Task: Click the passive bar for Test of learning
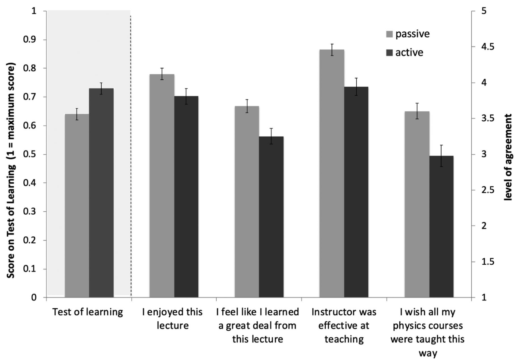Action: click(x=77, y=206)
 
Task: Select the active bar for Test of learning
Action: click(x=101, y=193)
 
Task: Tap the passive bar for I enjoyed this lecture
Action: click(x=162, y=186)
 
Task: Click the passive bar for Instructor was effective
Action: click(x=332, y=173)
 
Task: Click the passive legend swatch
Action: click(x=389, y=33)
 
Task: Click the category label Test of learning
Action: click(x=87, y=312)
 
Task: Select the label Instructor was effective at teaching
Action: click(x=343, y=326)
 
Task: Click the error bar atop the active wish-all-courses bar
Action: click(x=441, y=156)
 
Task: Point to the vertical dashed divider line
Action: click(x=131, y=155)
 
